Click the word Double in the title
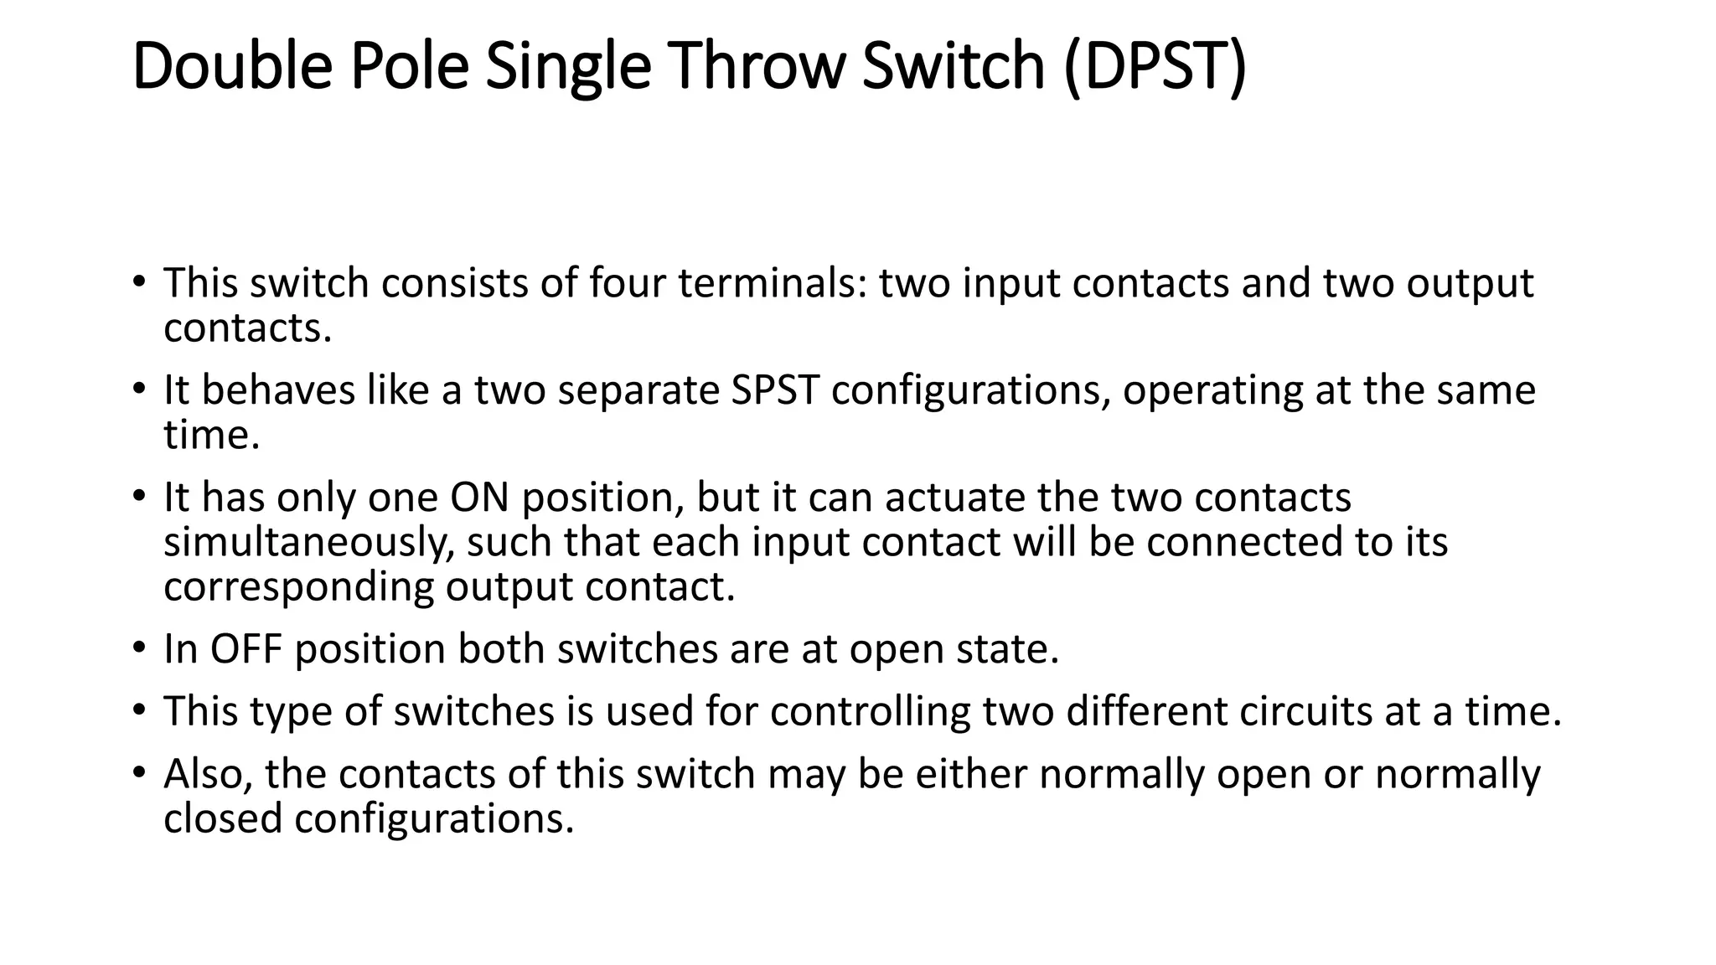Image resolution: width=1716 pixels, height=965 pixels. point(232,66)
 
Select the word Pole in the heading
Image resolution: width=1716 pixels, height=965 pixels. point(409,66)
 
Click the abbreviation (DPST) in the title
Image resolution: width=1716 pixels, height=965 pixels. point(1155,66)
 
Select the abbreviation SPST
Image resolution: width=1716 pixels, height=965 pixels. point(774,390)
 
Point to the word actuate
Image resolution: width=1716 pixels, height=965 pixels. point(955,498)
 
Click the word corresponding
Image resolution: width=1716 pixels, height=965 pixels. point(298,588)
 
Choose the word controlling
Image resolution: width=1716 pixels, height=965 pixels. point(870,711)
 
